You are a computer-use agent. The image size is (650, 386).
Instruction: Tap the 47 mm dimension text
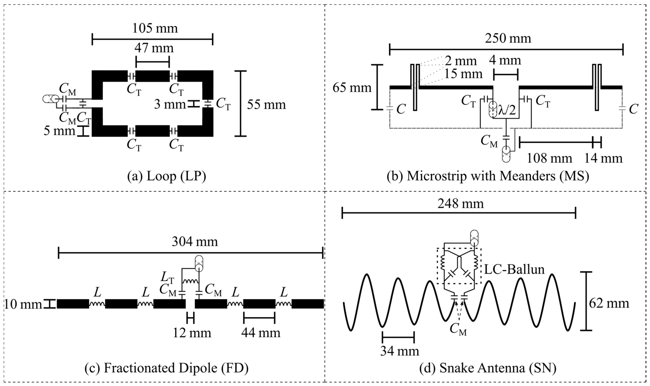[x=154, y=48]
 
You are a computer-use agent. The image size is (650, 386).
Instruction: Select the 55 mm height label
[x=266, y=104]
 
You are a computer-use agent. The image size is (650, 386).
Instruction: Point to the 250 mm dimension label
[x=508, y=38]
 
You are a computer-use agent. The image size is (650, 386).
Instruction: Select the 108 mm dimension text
[x=549, y=158]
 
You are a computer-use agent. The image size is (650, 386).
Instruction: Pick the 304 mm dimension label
[x=195, y=242]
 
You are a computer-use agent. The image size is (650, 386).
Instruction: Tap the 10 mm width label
[x=23, y=304]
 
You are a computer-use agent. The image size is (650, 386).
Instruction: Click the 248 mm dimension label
[x=460, y=203]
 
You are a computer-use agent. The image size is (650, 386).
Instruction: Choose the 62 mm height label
[x=609, y=303]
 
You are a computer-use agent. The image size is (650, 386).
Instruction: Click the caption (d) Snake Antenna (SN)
[x=488, y=368]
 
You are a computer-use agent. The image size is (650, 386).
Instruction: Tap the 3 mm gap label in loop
[x=170, y=104]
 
